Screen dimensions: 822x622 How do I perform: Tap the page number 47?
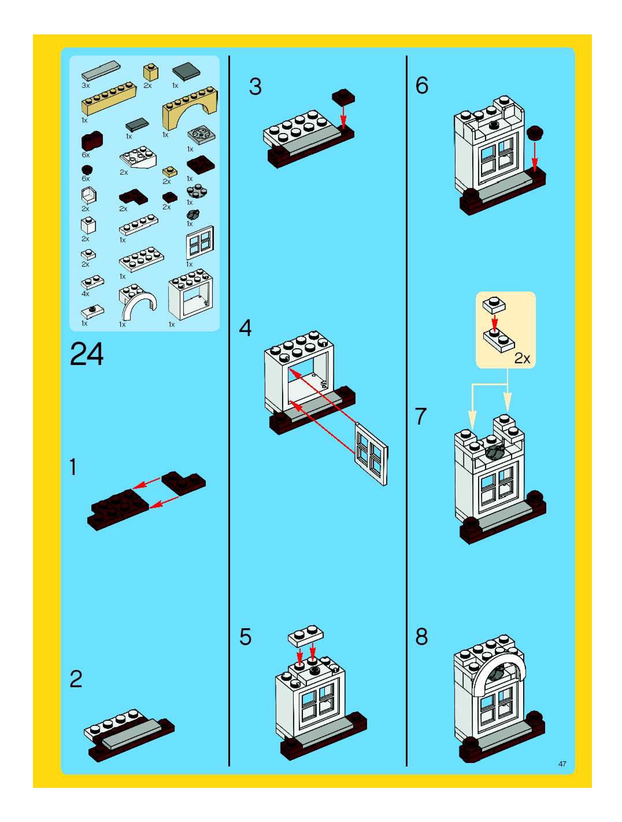(562, 764)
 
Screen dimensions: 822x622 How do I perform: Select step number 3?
(255, 86)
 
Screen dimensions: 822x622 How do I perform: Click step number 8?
(421, 637)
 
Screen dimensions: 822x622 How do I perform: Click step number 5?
(245, 637)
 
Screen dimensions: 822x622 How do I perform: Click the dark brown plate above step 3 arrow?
(343, 96)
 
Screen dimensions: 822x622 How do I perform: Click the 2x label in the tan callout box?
(522, 358)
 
